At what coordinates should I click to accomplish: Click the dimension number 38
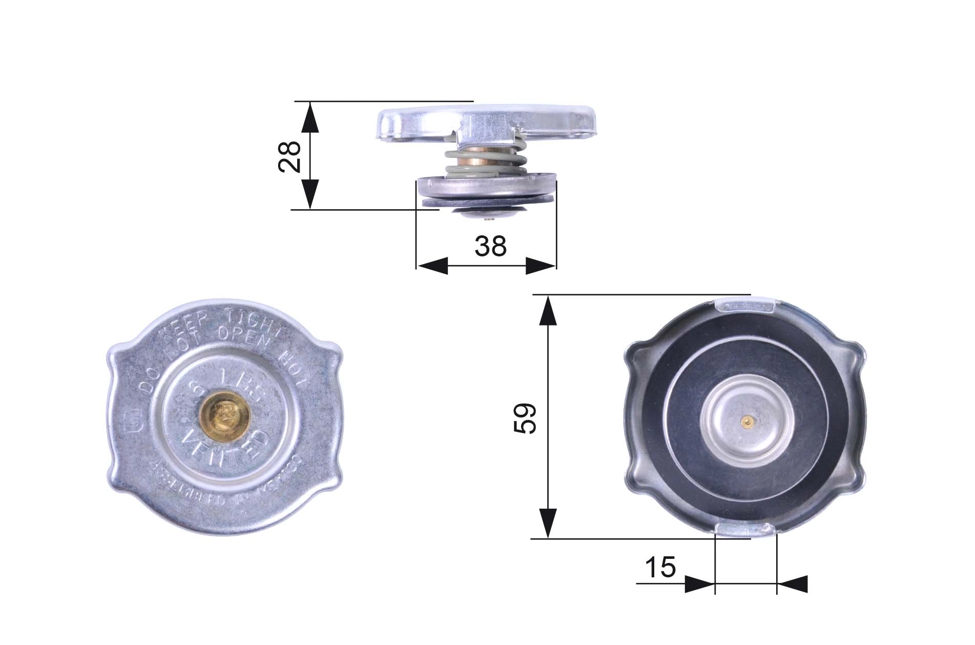490,246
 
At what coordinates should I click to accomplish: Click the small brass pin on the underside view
748,422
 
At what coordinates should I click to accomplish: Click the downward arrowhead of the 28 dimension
310,193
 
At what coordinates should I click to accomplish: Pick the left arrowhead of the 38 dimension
433,266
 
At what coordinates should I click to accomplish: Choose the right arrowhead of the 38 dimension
540,266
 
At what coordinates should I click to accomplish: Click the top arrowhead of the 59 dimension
548,311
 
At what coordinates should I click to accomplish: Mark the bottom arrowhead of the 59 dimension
548,523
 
